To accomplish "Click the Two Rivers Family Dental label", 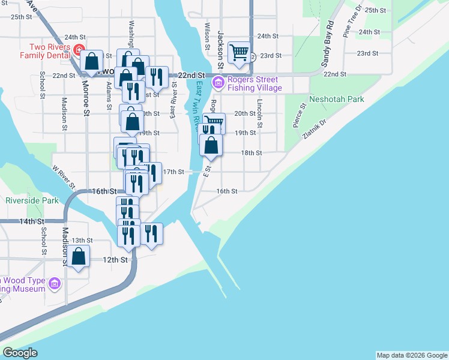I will coord(41,51).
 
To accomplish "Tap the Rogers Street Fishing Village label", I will coord(252,83).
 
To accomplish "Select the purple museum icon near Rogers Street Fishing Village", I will coord(218,82).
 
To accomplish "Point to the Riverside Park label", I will coord(32,200).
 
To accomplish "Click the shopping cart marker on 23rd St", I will coord(239,53).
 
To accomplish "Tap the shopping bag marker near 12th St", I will coord(79,256).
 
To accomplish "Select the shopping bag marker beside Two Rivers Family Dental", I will coord(91,61).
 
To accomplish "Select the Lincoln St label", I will coord(260,114).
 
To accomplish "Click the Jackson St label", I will coord(220,49).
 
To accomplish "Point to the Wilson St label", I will coord(207,36).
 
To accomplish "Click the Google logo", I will coord(20,353).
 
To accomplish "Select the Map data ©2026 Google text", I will coord(411,355).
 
